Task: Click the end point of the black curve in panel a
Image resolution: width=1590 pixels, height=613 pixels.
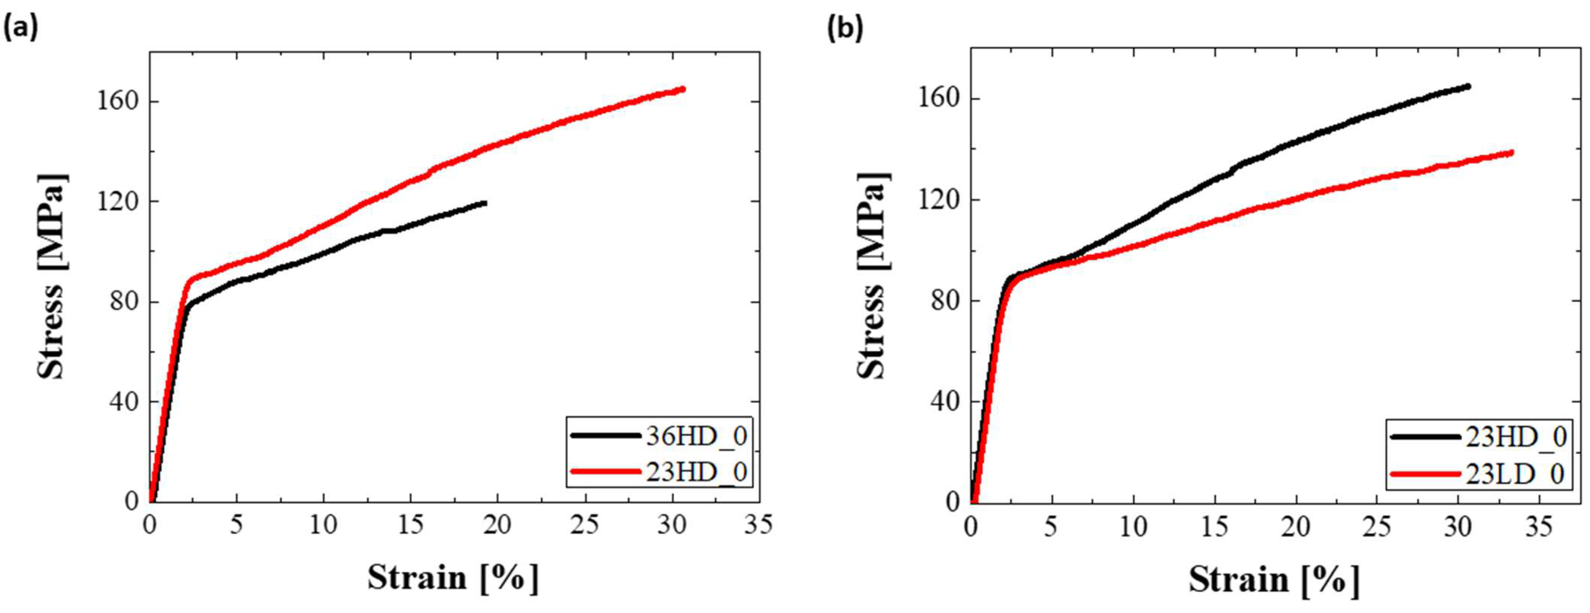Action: tap(485, 203)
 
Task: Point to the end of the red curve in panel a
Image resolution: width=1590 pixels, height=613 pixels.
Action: tap(683, 89)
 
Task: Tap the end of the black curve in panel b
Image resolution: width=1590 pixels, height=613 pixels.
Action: tap(1469, 87)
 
